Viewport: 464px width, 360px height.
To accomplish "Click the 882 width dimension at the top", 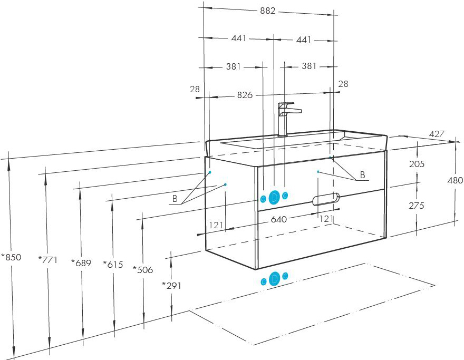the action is pos(268,11).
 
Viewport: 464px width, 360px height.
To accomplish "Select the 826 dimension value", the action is pos(245,95).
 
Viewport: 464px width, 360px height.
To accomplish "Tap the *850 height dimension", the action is pos(11,257).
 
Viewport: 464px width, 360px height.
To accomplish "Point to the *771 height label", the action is pos(47,260).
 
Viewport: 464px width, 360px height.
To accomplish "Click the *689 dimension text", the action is pos(81,262).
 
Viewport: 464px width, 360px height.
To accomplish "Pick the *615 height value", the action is pos(113,264).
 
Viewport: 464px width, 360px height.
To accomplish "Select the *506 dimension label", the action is pos(143,269).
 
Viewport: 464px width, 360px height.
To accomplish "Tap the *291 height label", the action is pos(172,286).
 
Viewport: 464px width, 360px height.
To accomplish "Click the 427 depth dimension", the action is pos(437,134).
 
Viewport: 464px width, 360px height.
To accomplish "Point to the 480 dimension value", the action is pos(455,180).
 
